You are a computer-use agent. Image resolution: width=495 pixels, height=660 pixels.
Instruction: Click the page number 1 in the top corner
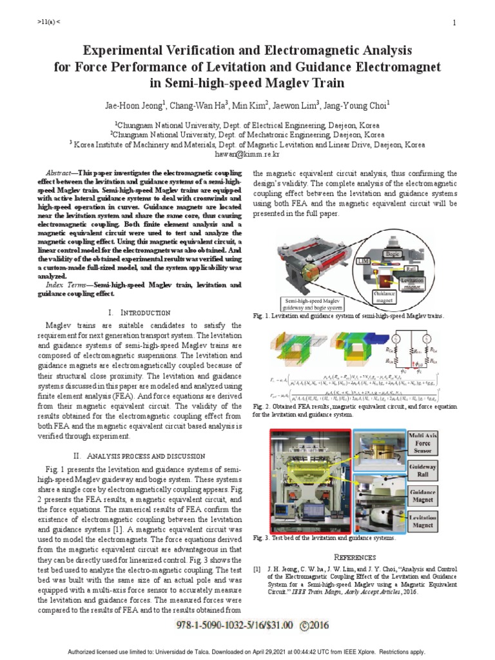point(454,24)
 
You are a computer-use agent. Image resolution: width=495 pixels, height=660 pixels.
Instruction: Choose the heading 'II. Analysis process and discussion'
point(140,454)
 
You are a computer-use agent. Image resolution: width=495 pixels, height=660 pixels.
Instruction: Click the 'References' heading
point(354,556)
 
